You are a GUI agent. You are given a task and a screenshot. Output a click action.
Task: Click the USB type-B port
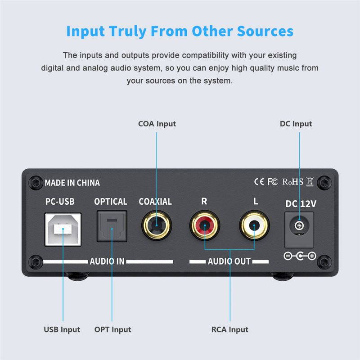63,229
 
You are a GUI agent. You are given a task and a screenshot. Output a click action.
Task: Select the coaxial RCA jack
156,225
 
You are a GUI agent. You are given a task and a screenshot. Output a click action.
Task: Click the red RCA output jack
205,225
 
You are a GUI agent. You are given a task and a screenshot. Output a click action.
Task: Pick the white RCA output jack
254,225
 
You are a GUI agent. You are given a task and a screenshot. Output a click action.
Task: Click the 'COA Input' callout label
157,124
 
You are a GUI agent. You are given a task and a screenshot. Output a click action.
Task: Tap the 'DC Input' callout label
296,124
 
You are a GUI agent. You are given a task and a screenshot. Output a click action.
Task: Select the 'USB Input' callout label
62,329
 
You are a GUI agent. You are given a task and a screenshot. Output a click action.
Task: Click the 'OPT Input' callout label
112,329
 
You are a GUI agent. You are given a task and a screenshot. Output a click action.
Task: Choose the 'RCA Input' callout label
230,329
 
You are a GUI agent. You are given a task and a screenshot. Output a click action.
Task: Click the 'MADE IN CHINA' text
72,183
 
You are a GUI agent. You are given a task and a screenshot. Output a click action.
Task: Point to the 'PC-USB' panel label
60,202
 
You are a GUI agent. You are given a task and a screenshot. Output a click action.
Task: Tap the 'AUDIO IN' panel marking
107,261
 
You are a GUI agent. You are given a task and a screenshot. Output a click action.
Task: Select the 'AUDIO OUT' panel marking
229,261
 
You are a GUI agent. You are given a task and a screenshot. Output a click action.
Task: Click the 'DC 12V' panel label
301,203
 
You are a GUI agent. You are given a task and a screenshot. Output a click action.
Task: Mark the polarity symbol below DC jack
300,256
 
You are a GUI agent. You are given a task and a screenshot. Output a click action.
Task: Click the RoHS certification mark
292,182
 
